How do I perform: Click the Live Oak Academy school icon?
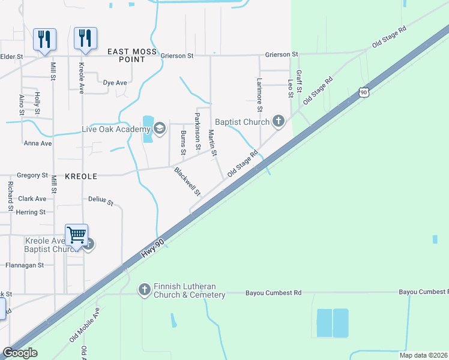tap(160, 129)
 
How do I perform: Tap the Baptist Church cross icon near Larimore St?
tap(278, 122)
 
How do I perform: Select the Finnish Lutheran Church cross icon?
tap(144, 290)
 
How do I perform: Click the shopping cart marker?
tap(77, 235)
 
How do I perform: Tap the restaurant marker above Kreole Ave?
tap(85, 38)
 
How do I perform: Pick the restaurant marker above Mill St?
tap(44, 40)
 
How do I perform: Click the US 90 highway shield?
tap(363, 92)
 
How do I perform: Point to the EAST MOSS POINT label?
tap(135, 56)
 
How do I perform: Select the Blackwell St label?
tap(187, 181)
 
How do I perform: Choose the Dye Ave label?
tap(115, 83)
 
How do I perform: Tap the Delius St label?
tap(101, 201)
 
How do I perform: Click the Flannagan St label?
tap(25, 265)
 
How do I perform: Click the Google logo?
tap(20, 353)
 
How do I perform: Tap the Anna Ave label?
tap(38, 143)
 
